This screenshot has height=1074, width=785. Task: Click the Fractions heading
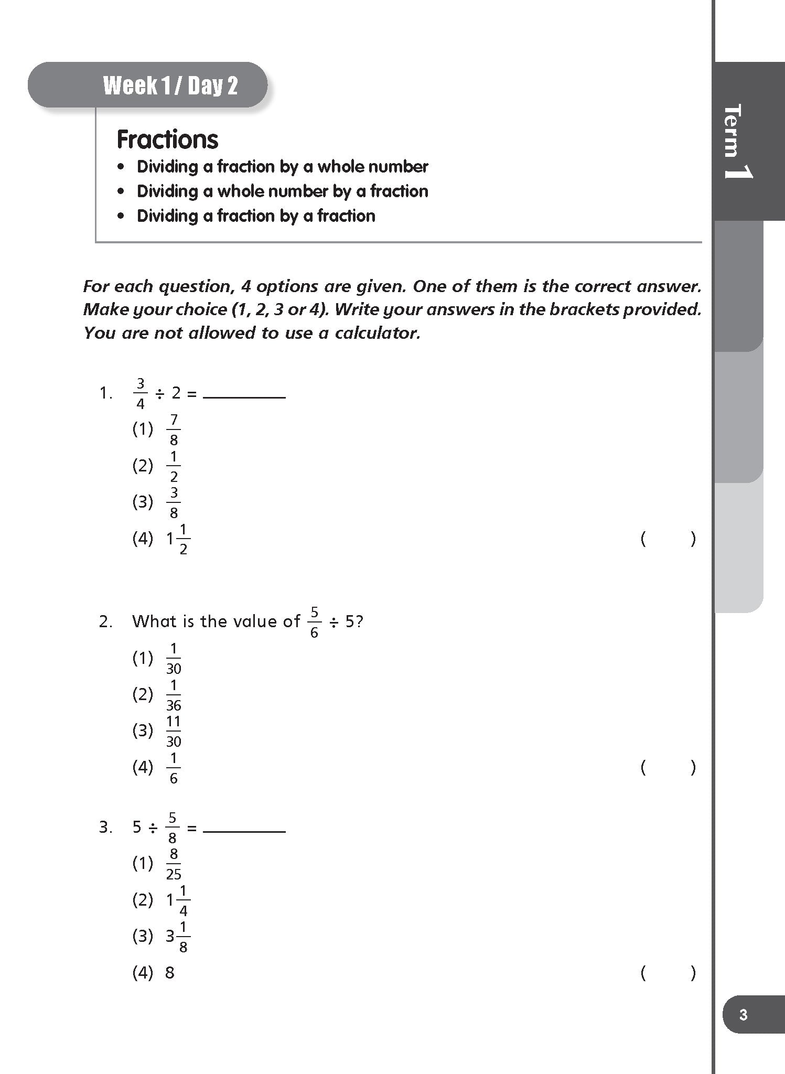167,139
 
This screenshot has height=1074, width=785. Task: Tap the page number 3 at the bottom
743,1015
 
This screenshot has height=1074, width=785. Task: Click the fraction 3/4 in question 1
140,393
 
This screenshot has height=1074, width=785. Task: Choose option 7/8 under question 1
174,429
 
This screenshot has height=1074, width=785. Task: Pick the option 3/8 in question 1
174,502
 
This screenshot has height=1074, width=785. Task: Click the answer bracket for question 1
668,539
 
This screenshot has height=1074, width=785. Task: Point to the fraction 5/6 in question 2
314,622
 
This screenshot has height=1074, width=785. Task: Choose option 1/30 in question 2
174,659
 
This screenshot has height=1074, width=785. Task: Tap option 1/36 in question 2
174,695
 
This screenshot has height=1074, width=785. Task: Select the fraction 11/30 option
174,731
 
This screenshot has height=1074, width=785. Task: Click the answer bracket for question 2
668,767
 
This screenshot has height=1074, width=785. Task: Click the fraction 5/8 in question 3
172,828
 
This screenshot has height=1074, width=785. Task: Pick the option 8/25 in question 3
174,864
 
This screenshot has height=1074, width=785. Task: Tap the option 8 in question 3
169,973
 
